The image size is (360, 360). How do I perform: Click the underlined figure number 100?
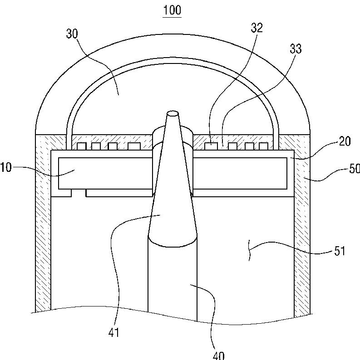click(x=172, y=10)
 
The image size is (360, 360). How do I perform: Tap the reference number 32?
click(x=256, y=28)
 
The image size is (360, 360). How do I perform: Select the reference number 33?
click(x=296, y=49)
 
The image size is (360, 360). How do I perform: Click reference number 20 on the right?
click(x=345, y=141)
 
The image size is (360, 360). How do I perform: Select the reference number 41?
click(x=113, y=332)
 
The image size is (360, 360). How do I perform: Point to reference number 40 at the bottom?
click(x=218, y=355)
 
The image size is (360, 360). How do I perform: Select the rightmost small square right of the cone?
click(x=263, y=146)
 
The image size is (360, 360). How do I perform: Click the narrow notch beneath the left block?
click(x=79, y=194)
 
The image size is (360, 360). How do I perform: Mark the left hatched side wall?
click(x=43, y=227)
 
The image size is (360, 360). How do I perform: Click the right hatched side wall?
click(x=302, y=227)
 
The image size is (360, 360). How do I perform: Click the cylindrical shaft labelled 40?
click(x=173, y=281)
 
